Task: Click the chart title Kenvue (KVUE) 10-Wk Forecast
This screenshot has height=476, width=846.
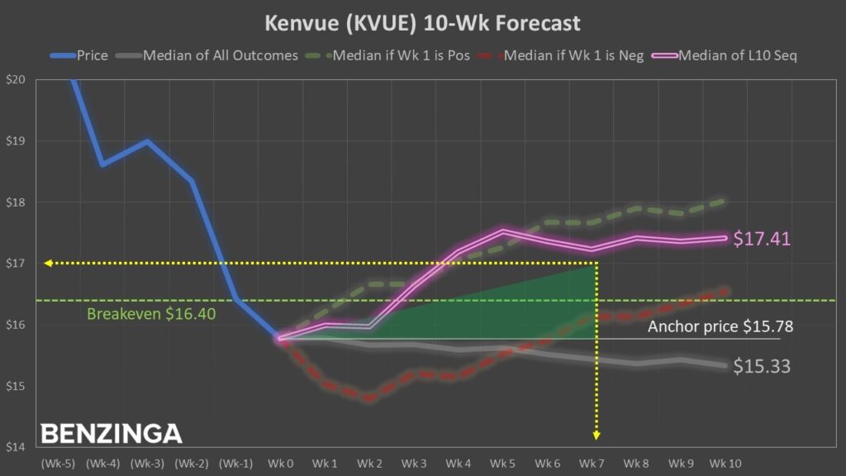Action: coord(422,22)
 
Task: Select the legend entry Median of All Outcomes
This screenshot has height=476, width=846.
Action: coord(220,56)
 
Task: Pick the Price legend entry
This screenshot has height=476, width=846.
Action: coord(93,56)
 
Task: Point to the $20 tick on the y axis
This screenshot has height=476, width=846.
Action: coord(15,80)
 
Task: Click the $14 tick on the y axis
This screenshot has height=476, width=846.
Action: coord(15,447)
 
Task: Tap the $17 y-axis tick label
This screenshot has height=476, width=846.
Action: coord(15,264)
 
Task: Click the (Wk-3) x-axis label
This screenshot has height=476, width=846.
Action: coord(146,464)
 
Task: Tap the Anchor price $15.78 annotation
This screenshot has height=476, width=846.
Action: coord(720,326)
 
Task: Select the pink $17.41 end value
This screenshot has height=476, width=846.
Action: coord(762,240)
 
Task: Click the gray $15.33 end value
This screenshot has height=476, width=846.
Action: coord(762,366)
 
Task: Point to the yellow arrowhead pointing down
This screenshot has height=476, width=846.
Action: coord(596,436)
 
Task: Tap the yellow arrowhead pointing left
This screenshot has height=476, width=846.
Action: coord(49,263)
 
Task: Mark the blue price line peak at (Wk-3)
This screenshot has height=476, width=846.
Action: coord(147,141)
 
